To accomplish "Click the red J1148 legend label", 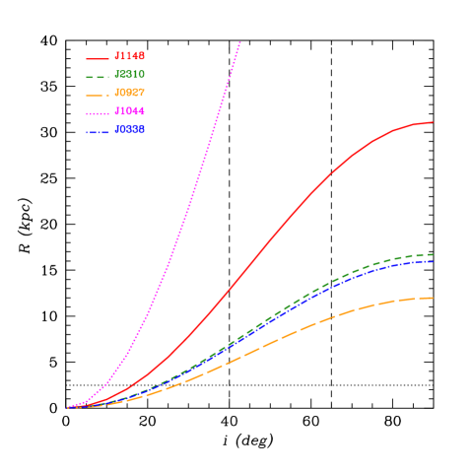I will (x=130, y=57).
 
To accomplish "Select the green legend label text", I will (x=130, y=75).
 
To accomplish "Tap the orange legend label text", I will (x=130, y=94).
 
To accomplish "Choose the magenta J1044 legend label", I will (x=130, y=111).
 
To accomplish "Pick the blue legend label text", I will (x=130, y=130).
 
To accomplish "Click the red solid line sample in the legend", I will (x=98, y=58).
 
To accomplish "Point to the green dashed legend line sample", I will (x=98, y=76).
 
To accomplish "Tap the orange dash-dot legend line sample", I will (x=98, y=95).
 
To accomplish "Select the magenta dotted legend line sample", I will (x=98, y=112).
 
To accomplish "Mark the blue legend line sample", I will (x=98, y=131).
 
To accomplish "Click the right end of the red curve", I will (x=433, y=122).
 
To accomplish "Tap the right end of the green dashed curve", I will (x=433, y=254).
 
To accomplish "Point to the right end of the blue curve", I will (x=433, y=261).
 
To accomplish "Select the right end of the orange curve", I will (x=433, y=298).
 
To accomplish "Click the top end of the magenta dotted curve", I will (x=239, y=42).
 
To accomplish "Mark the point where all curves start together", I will (x=68, y=407).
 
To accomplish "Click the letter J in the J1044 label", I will (x=117, y=111).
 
